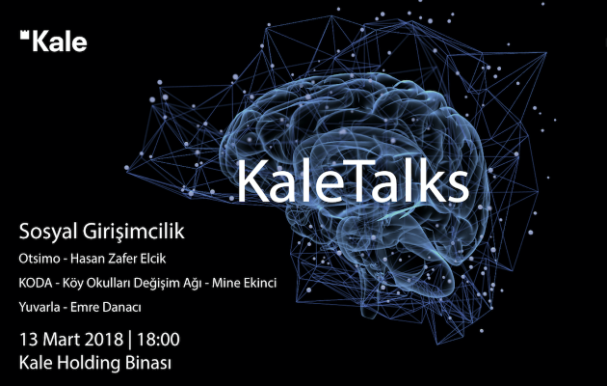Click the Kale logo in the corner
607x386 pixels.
coord(53,41)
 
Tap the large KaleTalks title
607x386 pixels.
coord(353,180)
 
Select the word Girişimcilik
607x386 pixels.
coord(134,233)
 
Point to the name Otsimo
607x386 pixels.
coord(40,259)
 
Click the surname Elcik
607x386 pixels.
coord(151,259)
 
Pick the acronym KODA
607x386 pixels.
coord(36,284)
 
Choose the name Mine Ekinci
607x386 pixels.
coord(245,284)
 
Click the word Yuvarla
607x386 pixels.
coord(40,307)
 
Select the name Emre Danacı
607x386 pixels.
coord(106,307)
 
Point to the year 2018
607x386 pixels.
coord(103,339)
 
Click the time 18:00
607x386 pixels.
coord(158,339)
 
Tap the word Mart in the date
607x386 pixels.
coord(61,339)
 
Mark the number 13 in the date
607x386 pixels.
coord(28,339)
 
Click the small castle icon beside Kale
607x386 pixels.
coord(25,35)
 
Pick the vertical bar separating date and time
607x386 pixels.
coord(130,340)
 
